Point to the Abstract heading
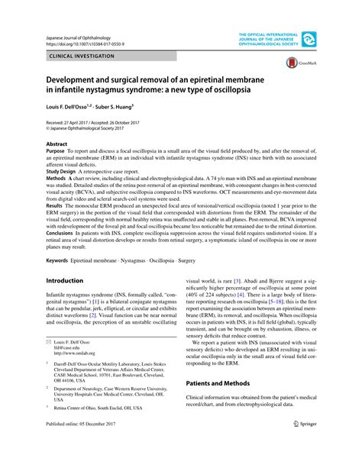tap(57, 144)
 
